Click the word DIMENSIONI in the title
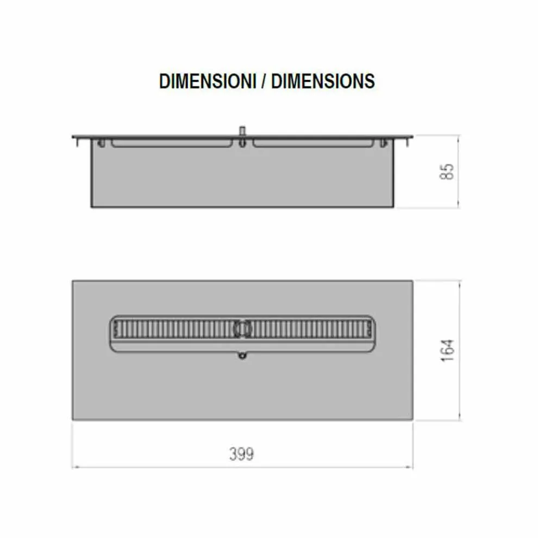point(208,82)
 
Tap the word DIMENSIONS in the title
point(323,82)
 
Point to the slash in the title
point(264,82)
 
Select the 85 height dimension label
point(447,172)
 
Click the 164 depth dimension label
point(447,351)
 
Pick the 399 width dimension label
point(241,454)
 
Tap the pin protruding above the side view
point(242,131)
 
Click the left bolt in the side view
point(102,143)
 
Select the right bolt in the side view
point(384,143)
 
